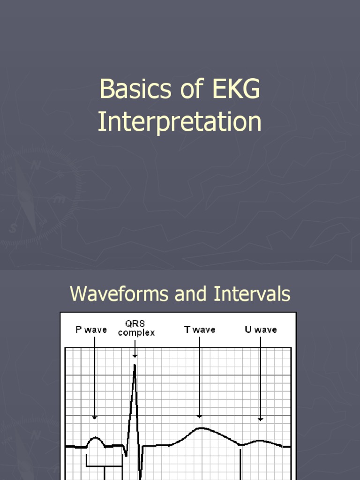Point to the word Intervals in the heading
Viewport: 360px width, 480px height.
252,294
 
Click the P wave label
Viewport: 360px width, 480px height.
91,330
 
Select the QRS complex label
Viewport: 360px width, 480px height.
136,328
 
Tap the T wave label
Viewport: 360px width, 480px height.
200,330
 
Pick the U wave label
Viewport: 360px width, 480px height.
261,330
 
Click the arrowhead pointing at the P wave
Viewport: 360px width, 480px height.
95,417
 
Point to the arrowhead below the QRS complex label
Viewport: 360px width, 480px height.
135,356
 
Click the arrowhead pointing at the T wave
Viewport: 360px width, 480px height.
199,415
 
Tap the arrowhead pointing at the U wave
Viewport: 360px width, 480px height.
261,419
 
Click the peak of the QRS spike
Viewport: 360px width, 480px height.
135,365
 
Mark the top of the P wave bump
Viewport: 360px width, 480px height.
96,438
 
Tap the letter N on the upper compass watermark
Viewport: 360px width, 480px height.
36,165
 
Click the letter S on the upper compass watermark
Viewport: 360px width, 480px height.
13,229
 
